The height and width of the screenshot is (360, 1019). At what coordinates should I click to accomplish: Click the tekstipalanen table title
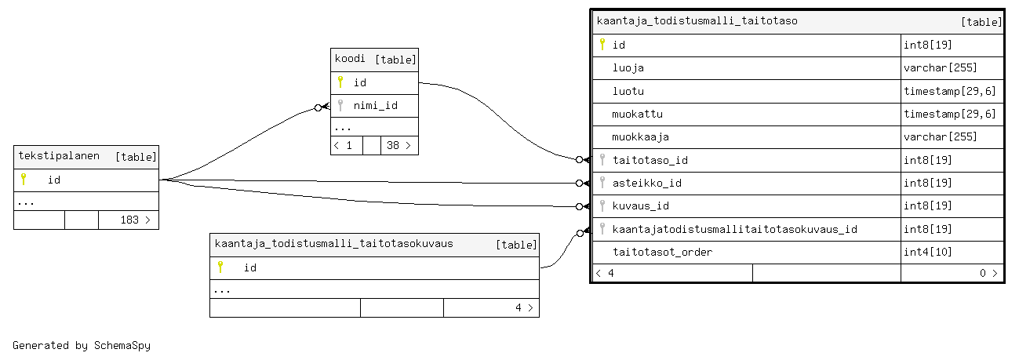tap(59, 156)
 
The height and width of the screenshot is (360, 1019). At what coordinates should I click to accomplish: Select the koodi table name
tap(350, 59)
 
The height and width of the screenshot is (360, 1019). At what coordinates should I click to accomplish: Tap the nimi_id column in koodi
tap(375, 105)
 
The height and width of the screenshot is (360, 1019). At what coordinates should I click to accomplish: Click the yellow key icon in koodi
tap(340, 82)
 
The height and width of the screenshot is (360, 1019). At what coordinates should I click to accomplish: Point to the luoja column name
tap(628, 67)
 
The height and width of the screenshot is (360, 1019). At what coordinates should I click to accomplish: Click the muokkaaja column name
tap(640, 136)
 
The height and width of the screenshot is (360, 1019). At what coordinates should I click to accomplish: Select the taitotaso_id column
tap(650, 160)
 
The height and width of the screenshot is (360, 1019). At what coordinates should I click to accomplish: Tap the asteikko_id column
tap(646, 183)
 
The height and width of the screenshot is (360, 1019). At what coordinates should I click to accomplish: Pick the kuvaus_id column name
tap(640, 205)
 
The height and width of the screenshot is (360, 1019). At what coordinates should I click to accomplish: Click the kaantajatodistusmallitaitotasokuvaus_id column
tap(734, 229)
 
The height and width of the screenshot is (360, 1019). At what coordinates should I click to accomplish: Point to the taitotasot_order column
tap(662, 252)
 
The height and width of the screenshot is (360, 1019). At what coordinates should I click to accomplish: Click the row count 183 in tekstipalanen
tap(129, 220)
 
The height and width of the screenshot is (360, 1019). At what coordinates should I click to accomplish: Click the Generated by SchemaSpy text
tap(82, 345)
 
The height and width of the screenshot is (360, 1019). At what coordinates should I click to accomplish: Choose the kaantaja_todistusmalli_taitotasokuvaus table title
tap(333, 244)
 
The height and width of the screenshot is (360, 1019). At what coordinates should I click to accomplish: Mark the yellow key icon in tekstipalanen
tap(24, 179)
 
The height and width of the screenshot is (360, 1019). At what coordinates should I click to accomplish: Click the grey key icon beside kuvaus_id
tap(602, 205)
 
